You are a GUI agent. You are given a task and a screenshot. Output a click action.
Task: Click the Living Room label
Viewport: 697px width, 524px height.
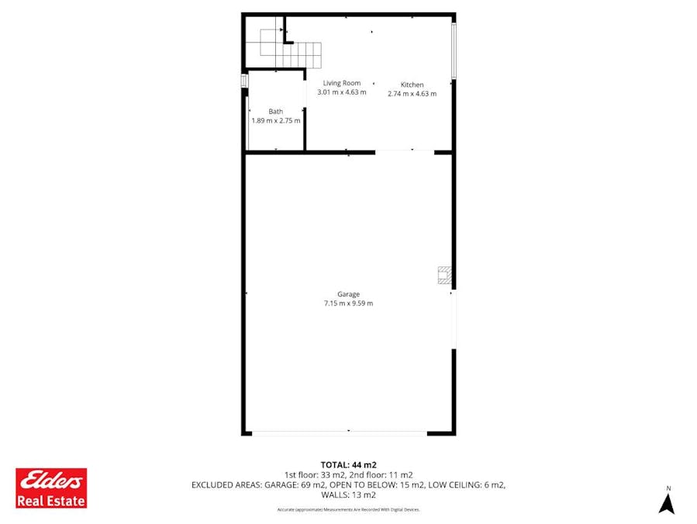(342, 83)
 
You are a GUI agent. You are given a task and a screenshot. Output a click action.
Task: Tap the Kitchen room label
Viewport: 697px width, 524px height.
(412, 85)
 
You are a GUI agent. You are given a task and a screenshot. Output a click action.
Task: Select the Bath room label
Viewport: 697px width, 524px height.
(276, 112)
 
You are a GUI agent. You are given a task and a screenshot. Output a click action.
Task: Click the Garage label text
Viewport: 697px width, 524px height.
(348, 294)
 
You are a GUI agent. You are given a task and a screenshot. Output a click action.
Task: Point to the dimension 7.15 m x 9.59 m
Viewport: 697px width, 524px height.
(348, 304)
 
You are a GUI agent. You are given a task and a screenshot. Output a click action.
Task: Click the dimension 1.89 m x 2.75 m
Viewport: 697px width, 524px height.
(276, 121)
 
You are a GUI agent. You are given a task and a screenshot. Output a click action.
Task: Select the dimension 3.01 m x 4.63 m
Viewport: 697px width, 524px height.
(342, 92)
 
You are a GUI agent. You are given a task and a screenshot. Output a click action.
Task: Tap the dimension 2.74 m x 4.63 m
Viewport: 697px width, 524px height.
(412, 94)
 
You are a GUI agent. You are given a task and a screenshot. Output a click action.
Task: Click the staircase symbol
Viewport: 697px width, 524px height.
(291, 48)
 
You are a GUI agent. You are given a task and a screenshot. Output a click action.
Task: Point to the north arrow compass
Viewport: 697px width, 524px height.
(666, 503)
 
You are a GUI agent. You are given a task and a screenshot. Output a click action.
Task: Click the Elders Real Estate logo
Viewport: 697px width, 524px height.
(51, 488)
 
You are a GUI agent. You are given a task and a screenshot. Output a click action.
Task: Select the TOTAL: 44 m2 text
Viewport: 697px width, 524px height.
(348, 465)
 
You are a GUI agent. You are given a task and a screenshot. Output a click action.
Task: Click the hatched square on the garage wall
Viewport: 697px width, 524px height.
(444, 275)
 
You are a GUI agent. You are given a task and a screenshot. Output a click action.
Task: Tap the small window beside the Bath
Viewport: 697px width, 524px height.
(243, 81)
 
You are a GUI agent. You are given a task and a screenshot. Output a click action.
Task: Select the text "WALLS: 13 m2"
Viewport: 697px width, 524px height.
(348, 495)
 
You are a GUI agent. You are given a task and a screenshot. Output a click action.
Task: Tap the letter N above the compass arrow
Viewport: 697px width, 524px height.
(667, 488)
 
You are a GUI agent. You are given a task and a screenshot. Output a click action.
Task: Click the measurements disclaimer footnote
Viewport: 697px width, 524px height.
(348, 510)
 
